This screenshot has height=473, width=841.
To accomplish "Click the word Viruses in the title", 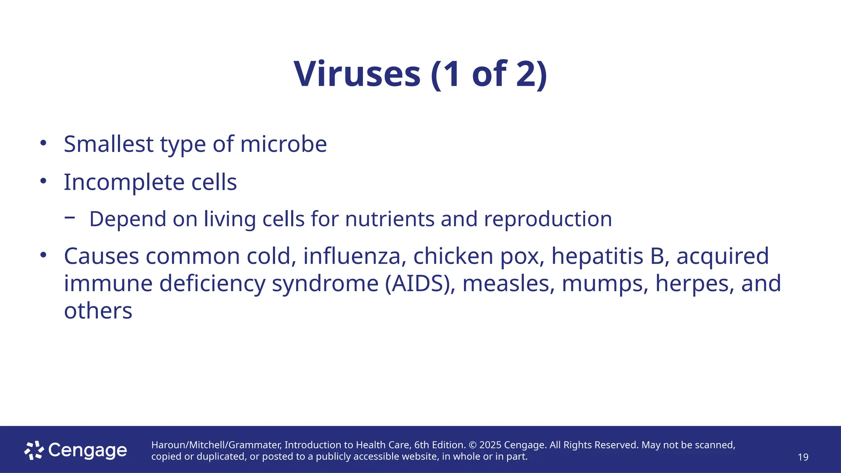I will coord(357,74).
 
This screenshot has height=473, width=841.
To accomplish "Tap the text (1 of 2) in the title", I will coord(489,74).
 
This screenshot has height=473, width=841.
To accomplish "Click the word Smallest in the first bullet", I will coord(108,144).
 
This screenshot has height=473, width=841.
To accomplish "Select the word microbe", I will coord(283,144).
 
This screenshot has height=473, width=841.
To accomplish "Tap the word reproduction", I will coord(548,219).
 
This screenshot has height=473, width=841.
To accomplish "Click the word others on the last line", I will coord(98,311).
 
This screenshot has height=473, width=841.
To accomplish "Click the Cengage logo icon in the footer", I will coord(34,450).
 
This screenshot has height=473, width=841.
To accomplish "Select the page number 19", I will coord(803,457).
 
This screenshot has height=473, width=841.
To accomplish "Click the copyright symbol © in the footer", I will coord(472,445).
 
